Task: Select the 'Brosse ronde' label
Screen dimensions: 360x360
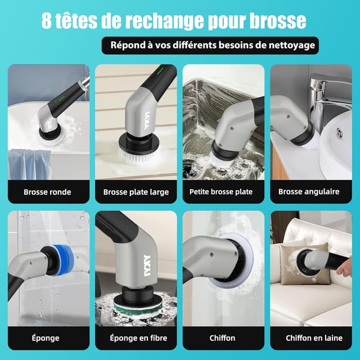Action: (47, 192)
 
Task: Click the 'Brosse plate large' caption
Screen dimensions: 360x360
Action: (136, 192)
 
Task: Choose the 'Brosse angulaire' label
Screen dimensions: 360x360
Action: (309, 192)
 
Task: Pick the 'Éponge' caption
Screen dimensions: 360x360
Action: (47, 338)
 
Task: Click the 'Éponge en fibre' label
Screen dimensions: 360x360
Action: (136, 338)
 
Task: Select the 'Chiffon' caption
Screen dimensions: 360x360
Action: (223, 338)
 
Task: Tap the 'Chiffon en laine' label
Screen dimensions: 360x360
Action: (311, 338)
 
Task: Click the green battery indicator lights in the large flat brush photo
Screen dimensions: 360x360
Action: (160, 71)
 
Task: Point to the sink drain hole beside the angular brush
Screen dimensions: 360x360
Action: (340, 133)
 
